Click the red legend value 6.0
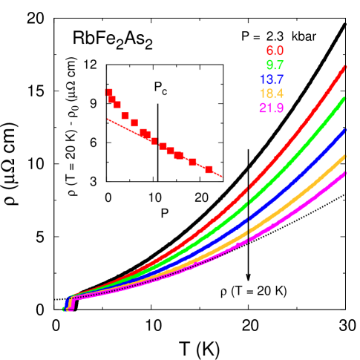(x=275, y=51)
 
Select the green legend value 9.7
(x=275, y=65)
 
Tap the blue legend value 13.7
(x=271, y=79)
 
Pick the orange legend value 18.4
(x=271, y=94)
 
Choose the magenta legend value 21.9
(x=271, y=108)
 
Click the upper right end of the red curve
(x=345, y=67)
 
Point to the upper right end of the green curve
(x=345, y=98)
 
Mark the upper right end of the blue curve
(x=345, y=130)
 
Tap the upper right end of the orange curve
(x=345, y=156)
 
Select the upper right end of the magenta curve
(x=345, y=172)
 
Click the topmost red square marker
(x=109, y=92)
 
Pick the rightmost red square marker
(x=209, y=169)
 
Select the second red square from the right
(x=193, y=162)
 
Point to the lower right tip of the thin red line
(x=223, y=177)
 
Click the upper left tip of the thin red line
(x=108, y=118)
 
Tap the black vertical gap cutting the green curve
(x=248, y=201)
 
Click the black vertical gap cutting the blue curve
(x=248, y=217)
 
